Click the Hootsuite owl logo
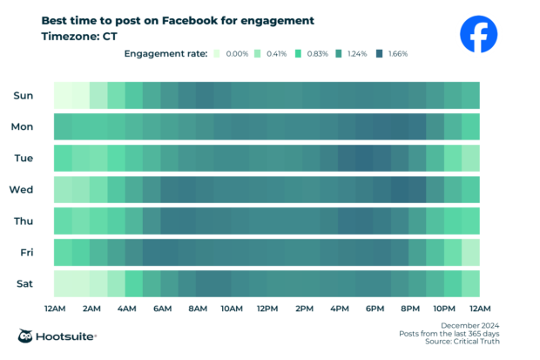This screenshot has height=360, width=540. click(x=27, y=336)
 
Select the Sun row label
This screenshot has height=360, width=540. click(x=23, y=95)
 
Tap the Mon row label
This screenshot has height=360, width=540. click(x=22, y=126)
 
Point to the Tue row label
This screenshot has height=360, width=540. click(x=23, y=158)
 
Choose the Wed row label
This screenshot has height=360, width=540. click(x=22, y=189)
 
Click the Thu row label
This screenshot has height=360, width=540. click(x=23, y=221)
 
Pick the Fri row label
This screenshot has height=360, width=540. click(x=26, y=252)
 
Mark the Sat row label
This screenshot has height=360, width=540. click(x=24, y=283)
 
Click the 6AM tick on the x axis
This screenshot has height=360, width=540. click(x=161, y=309)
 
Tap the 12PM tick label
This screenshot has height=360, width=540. click(x=267, y=309)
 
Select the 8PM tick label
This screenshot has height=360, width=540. click(x=409, y=309)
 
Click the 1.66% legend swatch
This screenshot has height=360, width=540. click(x=381, y=54)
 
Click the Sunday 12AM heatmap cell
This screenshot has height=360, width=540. click(x=63, y=95)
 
